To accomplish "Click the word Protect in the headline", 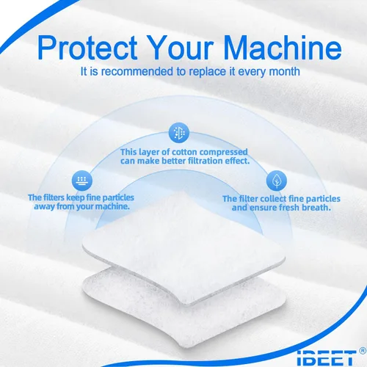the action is [87, 48].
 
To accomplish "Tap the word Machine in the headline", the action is [283, 47].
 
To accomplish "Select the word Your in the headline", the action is [180, 48].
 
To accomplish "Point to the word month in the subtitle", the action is [284, 72].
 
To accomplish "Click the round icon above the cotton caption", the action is [179, 133].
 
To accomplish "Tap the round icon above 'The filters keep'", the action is [82, 181].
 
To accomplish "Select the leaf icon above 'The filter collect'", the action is [277, 181].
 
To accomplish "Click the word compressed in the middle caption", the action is [223, 153].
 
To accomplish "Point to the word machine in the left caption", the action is [112, 206].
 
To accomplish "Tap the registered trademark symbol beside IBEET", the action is [363, 351].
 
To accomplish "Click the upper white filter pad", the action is [184, 247].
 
